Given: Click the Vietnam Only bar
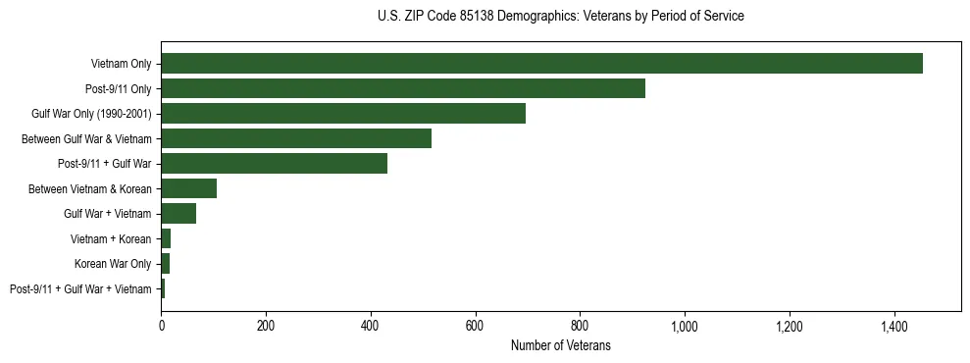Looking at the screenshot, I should pyautogui.click(x=541, y=64).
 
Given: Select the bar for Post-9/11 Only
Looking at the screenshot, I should pyautogui.click(x=403, y=88).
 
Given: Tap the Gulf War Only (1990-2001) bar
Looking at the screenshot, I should pyautogui.click(x=343, y=114).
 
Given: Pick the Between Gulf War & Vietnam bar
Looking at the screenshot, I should pyautogui.click(x=296, y=138).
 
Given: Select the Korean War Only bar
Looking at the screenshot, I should pyautogui.click(x=165, y=263).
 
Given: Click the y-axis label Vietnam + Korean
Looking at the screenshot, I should pyautogui.click(x=111, y=238).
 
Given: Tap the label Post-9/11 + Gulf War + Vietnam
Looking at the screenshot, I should pyautogui.click(x=80, y=288).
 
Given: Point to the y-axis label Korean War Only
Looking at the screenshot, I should pyautogui.click(x=113, y=263).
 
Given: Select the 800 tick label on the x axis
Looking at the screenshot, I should pyautogui.click(x=580, y=325).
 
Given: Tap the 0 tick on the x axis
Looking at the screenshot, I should pyautogui.click(x=161, y=325).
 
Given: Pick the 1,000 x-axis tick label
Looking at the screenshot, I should pyautogui.click(x=685, y=325).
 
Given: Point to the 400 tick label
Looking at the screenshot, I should pyautogui.click(x=371, y=325).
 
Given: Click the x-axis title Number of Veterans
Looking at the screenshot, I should pyautogui.click(x=560, y=345).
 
